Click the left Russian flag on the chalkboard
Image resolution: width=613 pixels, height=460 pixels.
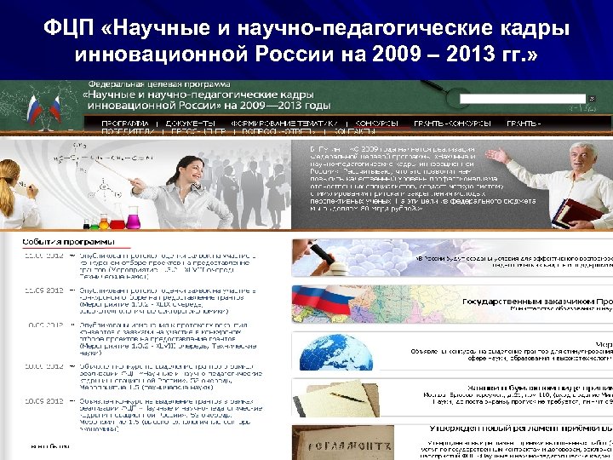pos(33,106)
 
